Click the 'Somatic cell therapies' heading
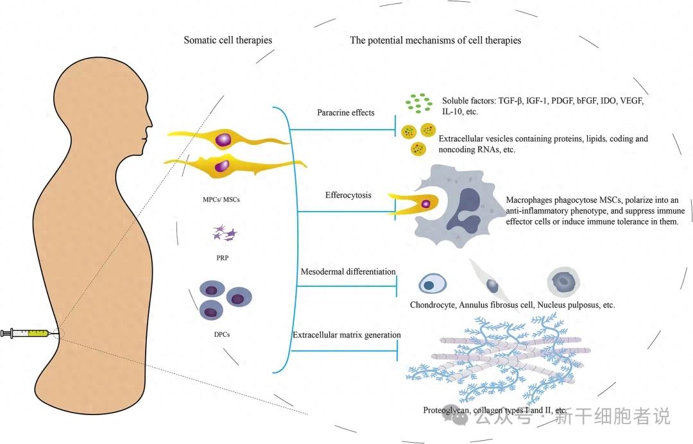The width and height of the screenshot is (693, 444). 228,40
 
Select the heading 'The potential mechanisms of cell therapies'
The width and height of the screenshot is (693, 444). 435,40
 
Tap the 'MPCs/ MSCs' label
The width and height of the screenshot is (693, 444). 221,200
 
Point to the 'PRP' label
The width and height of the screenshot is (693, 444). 221,258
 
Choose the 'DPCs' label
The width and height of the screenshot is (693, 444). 221,334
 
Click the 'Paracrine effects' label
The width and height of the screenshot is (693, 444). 346,113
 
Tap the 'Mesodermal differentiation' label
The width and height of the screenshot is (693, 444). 348,272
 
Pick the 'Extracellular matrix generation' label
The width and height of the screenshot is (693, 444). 346,335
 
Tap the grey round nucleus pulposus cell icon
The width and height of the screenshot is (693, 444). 564,280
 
